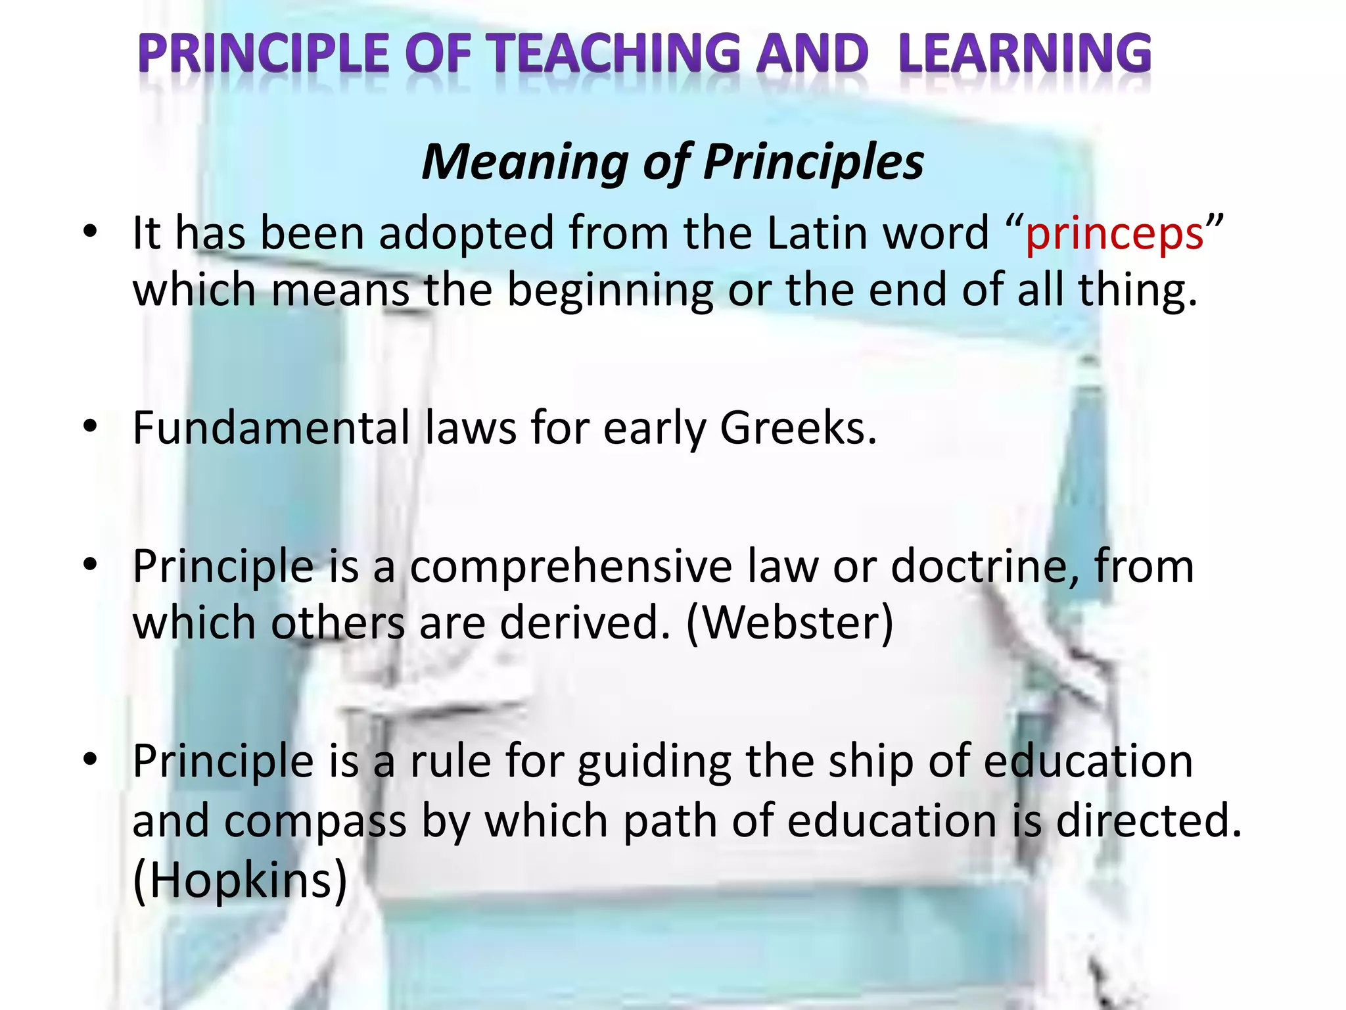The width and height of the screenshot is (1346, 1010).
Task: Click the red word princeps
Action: click(x=1114, y=235)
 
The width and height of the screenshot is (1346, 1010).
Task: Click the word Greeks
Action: click(x=798, y=428)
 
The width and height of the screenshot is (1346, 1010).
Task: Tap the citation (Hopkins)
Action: click(x=240, y=880)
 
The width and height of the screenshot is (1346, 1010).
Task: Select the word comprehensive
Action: click(x=570, y=567)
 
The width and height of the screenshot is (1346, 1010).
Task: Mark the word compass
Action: click(x=315, y=823)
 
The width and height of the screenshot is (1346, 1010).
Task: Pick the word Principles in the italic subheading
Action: click(x=813, y=162)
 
